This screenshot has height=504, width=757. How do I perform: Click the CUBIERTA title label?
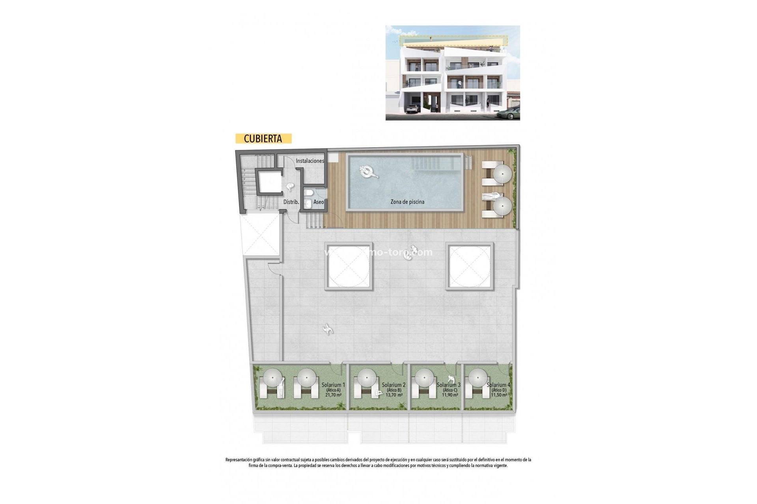(263, 139)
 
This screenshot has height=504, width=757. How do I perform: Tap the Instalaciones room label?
(310, 161)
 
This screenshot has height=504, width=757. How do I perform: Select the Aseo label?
(319, 202)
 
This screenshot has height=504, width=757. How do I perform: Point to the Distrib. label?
(291, 202)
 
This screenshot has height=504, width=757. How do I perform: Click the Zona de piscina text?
(407, 202)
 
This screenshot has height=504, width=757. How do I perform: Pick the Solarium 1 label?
(333, 385)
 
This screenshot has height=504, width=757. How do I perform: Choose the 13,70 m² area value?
(394, 395)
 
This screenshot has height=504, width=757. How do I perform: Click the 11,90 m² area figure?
(450, 395)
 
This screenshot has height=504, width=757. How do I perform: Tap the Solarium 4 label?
(498, 385)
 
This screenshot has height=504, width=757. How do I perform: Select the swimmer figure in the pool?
(368, 172)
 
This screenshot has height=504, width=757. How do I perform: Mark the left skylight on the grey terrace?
(349, 266)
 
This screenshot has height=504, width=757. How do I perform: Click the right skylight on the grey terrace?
(470, 266)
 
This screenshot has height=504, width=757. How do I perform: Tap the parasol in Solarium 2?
(366, 378)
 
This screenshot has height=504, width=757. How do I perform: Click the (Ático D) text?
(498, 390)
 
